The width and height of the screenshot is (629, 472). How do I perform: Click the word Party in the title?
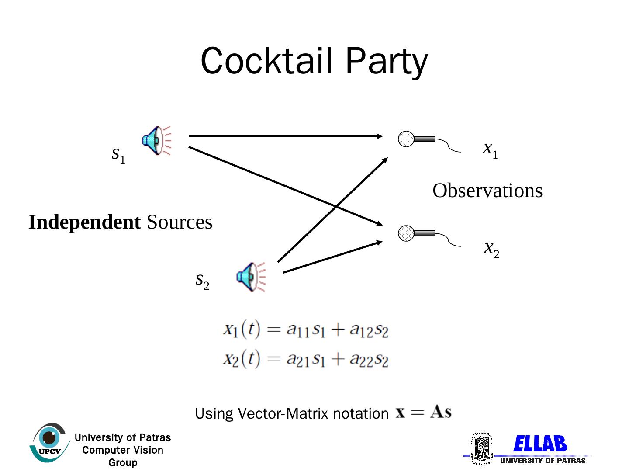pos(387,62)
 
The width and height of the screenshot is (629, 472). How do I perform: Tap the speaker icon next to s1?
pos(156,140)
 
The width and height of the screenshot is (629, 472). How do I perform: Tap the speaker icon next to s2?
pos(251,277)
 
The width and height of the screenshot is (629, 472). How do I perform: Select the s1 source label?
pos(118,154)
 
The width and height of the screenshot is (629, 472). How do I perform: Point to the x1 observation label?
pos(490,149)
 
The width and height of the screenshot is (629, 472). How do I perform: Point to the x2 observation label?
pos(491,249)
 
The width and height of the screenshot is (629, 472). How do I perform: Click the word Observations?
pos(487,191)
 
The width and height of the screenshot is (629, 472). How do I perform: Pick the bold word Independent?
pos(84,222)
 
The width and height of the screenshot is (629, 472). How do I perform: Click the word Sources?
pos(180,222)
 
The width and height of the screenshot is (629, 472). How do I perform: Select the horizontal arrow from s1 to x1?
pos(284,136)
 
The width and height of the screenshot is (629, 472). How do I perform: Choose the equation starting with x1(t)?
pos(305,329)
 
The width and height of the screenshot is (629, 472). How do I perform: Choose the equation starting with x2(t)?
pos(305,359)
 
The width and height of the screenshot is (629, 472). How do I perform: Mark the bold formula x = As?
pos(423,412)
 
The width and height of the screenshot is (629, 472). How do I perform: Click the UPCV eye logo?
pos(49,442)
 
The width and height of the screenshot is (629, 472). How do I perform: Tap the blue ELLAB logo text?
pos(540,444)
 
